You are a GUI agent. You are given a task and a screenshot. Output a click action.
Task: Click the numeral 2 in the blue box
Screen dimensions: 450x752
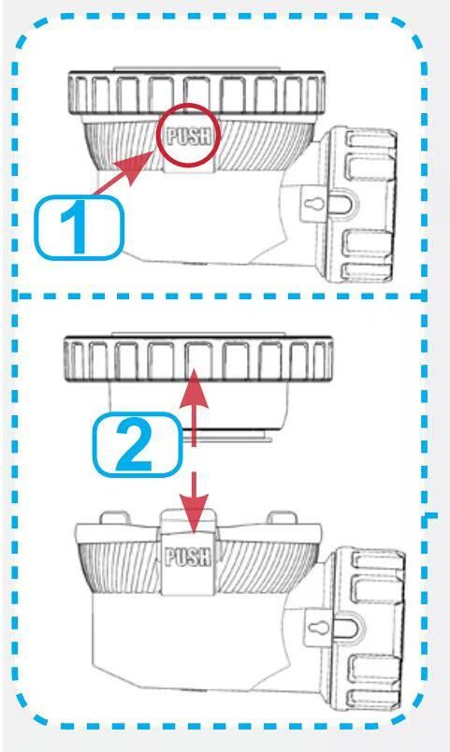point(136,446)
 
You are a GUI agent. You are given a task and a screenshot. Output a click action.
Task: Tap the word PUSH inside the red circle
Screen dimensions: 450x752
point(189,137)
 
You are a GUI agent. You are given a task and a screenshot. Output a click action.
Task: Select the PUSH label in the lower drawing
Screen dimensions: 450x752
point(188,557)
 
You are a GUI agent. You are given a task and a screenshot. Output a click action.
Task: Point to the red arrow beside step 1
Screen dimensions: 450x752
point(123,172)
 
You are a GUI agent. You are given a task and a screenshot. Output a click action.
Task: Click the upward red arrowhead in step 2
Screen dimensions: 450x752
point(194,387)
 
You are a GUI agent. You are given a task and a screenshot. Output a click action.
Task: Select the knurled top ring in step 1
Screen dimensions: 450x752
point(196,93)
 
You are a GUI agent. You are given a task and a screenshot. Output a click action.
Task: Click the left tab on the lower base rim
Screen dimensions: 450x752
point(115,518)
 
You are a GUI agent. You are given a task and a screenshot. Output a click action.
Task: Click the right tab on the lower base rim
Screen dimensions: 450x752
point(281,517)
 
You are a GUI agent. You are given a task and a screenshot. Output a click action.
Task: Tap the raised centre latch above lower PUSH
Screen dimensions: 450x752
point(188,522)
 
